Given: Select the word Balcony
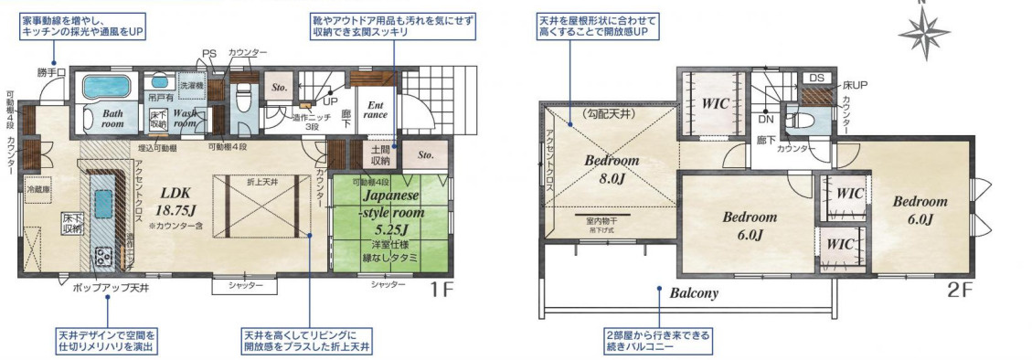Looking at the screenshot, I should point(694,294).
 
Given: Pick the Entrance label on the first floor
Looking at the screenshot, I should point(377,110).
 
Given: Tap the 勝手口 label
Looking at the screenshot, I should point(53,71).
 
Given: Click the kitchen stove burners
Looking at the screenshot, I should point(103,258).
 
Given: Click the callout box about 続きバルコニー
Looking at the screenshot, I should point(656,340).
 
